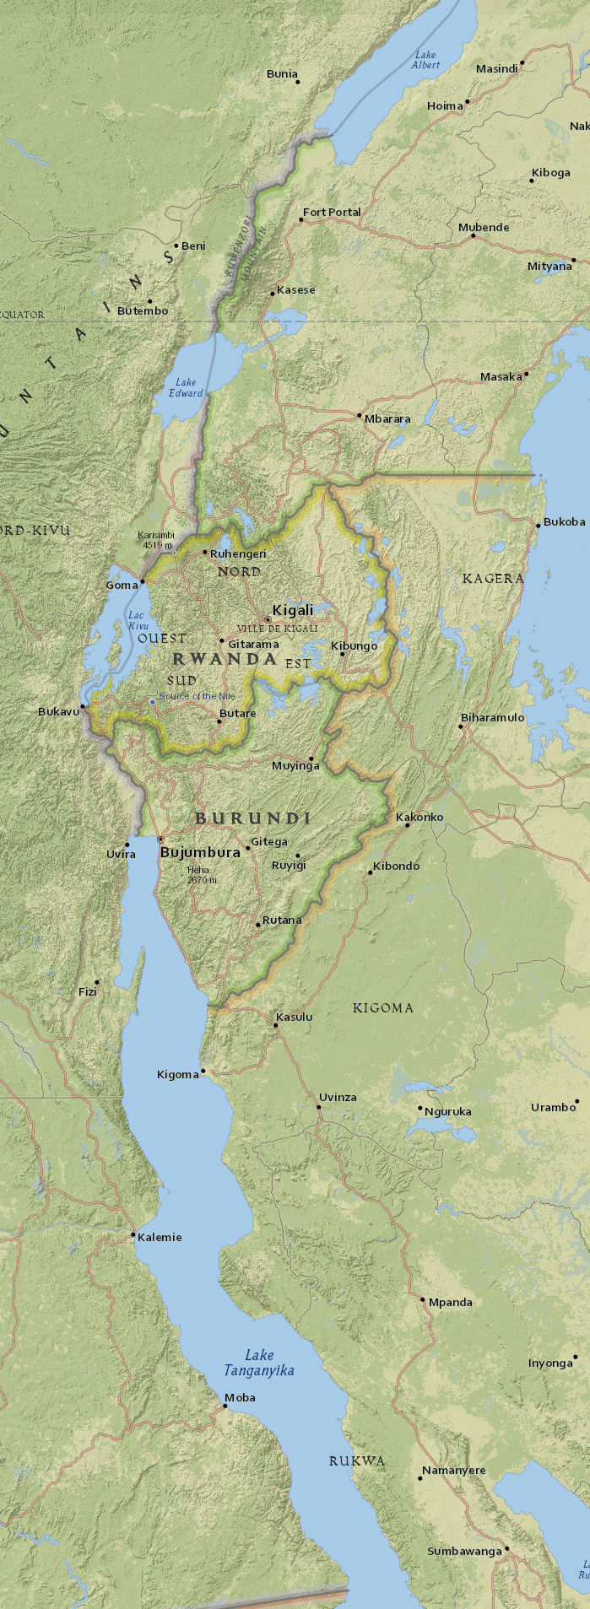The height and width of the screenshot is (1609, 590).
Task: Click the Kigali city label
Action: click(x=292, y=610)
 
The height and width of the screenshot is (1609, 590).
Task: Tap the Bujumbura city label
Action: click(x=200, y=852)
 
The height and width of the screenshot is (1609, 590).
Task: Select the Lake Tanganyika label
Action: click(x=259, y=1363)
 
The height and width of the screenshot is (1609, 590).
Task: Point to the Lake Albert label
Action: click(x=425, y=60)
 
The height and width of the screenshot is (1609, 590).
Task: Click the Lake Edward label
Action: click(x=186, y=387)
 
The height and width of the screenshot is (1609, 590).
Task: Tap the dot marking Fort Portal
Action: click(x=301, y=220)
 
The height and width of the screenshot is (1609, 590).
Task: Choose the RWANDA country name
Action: click(x=225, y=659)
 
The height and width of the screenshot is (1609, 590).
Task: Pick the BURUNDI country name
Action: click(x=252, y=818)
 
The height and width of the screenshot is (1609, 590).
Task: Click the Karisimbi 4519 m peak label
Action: click(x=156, y=540)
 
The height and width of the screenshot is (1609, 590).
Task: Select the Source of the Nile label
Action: click(x=198, y=696)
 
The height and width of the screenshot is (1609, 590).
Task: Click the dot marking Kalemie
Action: click(x=133, y=1235)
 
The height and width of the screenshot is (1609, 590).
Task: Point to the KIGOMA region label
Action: click(x=382, y=1008)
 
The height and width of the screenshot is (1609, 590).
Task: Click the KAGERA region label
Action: click(x=493, y=579)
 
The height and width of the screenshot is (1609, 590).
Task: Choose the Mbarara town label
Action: click(x=387, y=418)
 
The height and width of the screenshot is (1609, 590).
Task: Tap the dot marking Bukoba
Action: click(x=539, y=526)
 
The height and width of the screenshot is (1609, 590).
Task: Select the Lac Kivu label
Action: click(x=138, y=620)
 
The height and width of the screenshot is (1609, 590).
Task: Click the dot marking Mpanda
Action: click(x=423, y=1299)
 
